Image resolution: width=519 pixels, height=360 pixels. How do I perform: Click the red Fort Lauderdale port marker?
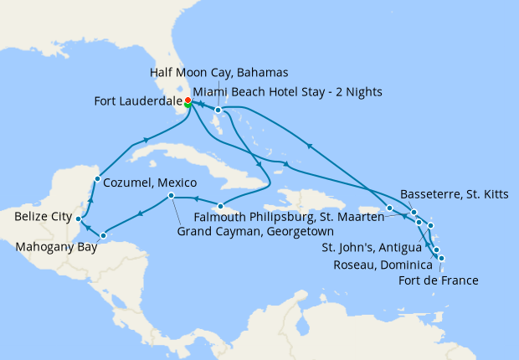188,100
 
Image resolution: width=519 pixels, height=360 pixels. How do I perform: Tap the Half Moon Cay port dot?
218,110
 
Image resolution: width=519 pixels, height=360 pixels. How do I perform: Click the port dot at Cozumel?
97,178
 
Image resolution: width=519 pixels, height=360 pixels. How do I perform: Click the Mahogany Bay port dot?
103,235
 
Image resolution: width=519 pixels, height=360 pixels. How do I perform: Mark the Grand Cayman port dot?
171,196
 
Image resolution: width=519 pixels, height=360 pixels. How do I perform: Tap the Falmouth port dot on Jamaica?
219,206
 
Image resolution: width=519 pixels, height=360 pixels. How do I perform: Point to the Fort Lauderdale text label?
138,105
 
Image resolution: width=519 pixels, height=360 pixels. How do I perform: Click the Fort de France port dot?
441,258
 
